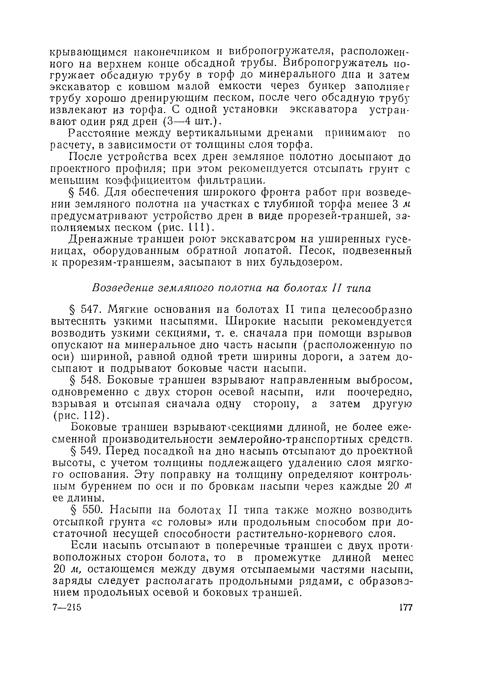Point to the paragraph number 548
(x=88, y=380)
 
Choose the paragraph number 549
(x=89, y=451)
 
